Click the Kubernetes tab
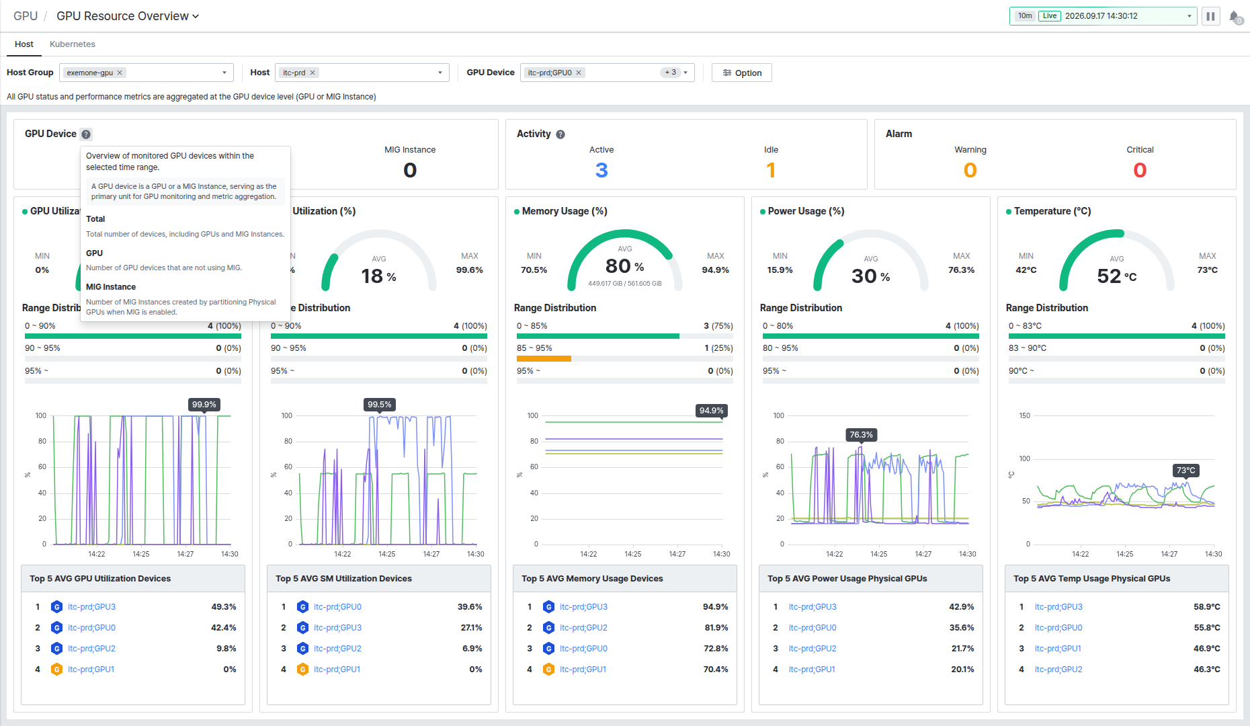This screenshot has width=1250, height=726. point(73,44)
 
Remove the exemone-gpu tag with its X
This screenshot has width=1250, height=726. point(120,73)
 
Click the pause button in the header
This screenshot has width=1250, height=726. point(1210,16)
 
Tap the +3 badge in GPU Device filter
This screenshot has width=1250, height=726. point(671,73)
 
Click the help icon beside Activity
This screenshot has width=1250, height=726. point(560,134)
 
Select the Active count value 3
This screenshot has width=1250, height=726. point(601,170)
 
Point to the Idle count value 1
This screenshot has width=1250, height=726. point(771,170)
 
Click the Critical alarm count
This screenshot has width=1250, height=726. point(1140,170)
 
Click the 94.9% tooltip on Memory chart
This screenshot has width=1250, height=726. point(711,411)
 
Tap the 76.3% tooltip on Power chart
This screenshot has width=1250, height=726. point(861,435)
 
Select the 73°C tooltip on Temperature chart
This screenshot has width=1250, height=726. point(1185,471)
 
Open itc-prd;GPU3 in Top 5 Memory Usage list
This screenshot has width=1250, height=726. point(583,607)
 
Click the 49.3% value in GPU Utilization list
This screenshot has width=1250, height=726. point(224,607)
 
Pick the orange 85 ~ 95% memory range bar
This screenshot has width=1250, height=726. point(544,359)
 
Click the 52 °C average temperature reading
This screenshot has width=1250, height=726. point(1117,276)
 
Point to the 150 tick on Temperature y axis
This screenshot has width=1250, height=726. point(1024,415)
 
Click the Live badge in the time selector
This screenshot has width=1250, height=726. point(1050,16)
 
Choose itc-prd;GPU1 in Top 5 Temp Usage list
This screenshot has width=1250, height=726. point(1058,649)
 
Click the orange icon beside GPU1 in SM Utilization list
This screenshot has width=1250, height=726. point(302,670)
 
